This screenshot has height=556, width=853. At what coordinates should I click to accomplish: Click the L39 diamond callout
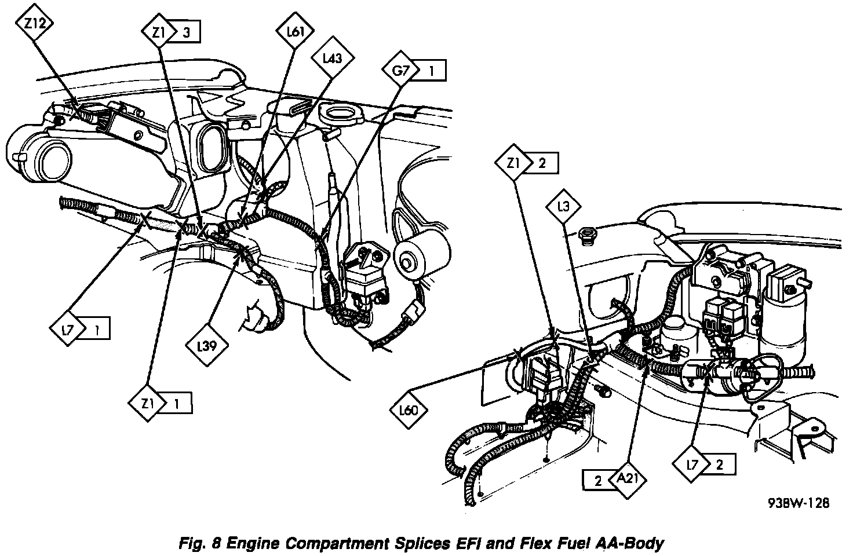point(207,347)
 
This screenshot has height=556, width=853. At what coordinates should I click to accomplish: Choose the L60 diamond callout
point(409,411)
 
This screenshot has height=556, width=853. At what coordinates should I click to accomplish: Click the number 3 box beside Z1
point(187,33)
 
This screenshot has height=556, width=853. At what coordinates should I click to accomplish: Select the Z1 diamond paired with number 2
point(512,163)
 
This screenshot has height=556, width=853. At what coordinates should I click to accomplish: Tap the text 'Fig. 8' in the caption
point(198,543)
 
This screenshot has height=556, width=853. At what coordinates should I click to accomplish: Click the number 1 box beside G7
point(432,71)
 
